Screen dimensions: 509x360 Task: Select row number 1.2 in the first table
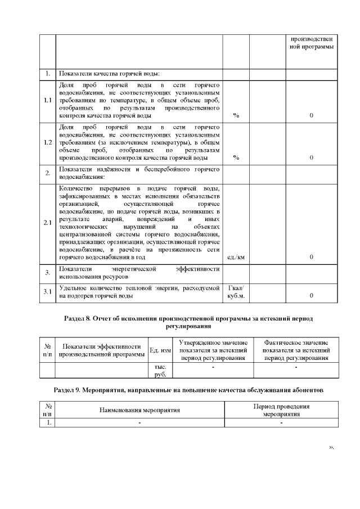pyautogui.click(x=48, y=142)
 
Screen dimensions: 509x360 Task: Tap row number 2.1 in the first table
pyautogui.click(x=48, y=223)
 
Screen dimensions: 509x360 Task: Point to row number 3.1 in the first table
pyautogui.click(x=48, y=291)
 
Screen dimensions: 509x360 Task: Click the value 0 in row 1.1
pyautogui.click(x=312, y=116)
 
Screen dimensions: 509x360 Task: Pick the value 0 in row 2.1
pyautogui.click(x=312, y=258)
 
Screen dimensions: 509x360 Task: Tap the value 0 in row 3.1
pyautogui.click(x=312, y=295)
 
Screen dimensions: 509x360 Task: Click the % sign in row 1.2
pyautogui.click(x=236, y=158)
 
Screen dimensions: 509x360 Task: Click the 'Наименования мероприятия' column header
pyautogui.click(x=139, y=411)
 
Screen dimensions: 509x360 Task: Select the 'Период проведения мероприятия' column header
pyautogui.click(x=280, y=410)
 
